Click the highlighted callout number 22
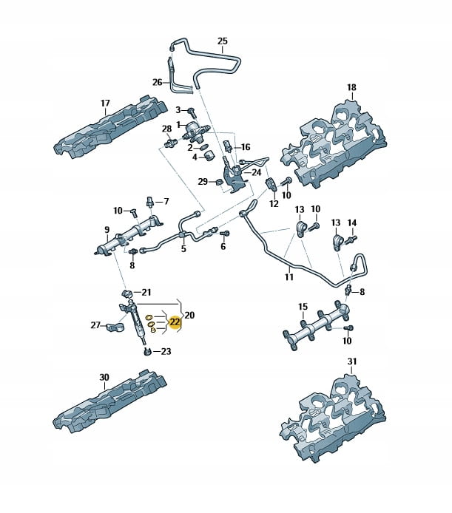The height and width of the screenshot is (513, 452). [175, 322]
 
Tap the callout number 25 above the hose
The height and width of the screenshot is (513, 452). [223, 41]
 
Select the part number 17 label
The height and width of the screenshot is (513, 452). [105, 103]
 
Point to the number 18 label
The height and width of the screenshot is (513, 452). [351, 87]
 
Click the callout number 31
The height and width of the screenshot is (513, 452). [352, 361]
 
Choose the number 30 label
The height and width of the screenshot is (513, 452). [104, 377]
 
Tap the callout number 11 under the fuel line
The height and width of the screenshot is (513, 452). [289, 277]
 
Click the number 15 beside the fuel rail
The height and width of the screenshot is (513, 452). [303, 306]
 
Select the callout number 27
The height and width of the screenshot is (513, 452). [95, 325]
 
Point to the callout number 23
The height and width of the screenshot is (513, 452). [166, 352]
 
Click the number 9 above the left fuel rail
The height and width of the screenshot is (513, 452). [107, 230]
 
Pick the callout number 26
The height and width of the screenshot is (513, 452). [157, 81]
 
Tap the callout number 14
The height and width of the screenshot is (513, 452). [352, 222]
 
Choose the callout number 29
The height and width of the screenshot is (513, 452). [202, 181]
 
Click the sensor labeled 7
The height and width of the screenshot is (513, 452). [150, 200]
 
